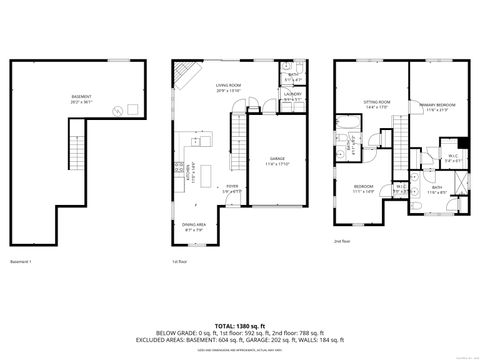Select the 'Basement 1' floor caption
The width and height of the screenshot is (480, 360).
tap(22, 262)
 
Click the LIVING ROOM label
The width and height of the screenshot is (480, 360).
tap(229, 88)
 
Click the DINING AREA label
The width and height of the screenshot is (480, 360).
tap(194, 227)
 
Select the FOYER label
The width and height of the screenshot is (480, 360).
tap(231, 187)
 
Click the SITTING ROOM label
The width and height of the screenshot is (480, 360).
tap(376, 104)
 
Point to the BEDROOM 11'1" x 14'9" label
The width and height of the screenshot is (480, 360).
tap(362, 189)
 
